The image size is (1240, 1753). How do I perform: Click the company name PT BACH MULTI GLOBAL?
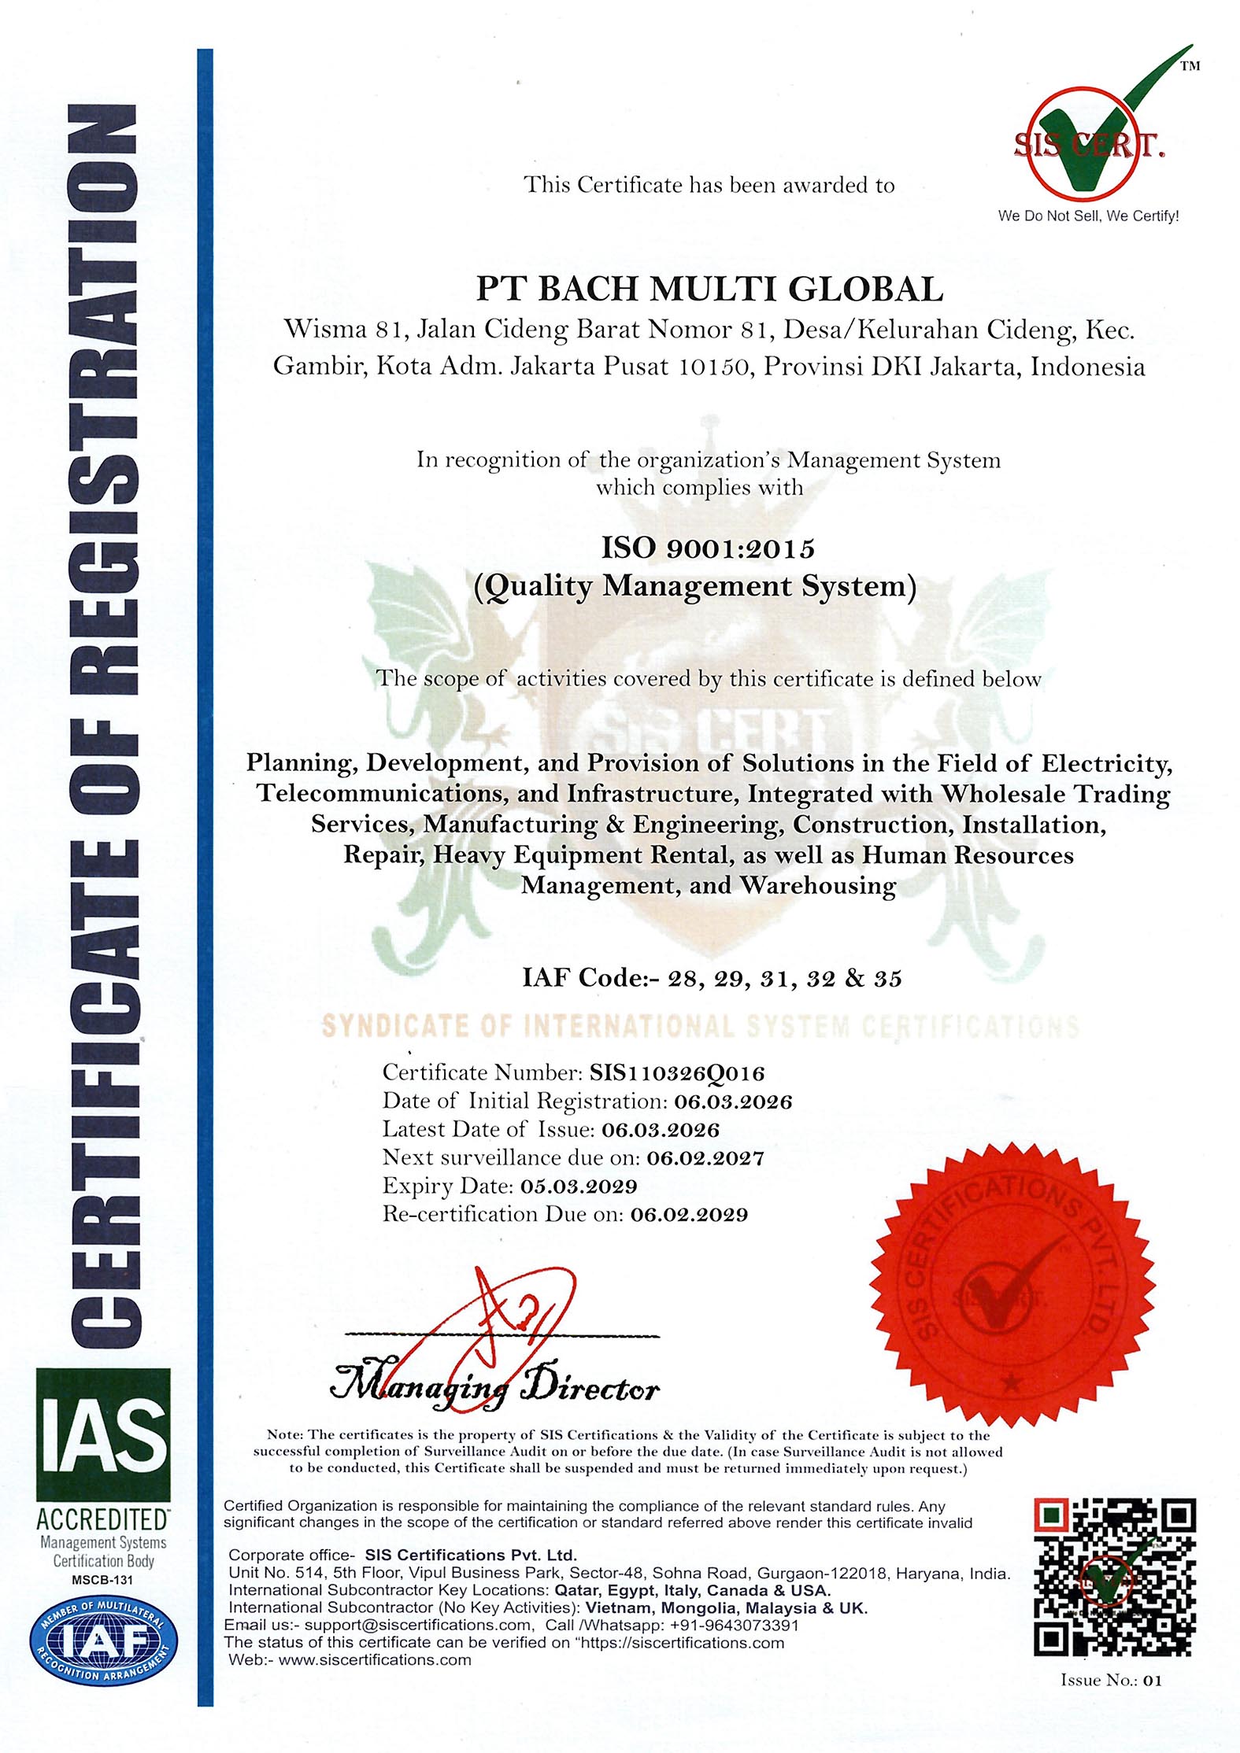click(x=709, y=290)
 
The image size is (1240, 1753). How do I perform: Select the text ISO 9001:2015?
click(x=708, y=548)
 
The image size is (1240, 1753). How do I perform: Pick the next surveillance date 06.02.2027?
click(x=705, y=1157)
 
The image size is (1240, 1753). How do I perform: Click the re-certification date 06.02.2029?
click(x=689, y=1214)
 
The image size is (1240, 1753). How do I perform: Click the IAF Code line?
click(x=712, y=978)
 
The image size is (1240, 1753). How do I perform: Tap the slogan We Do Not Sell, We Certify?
click(x=1088, y=216)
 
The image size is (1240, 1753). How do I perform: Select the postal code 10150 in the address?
click(x=712, y=367)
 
